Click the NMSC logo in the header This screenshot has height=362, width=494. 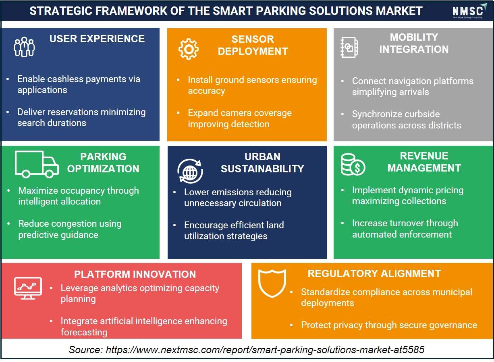click(x=469, y=10)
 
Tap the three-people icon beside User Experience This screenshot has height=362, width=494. click(x=24, y=47)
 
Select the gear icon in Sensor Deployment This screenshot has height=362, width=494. click(x=188, y=49)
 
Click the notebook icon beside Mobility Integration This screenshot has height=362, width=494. click(x=349, y=48)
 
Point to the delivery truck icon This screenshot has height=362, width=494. click(x=37, y=164)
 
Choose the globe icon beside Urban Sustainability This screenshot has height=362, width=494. click(x=190, y=171)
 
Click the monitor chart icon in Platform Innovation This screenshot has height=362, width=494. click(x=28, y=288)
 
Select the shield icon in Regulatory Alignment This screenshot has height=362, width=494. click(x=272, y=283)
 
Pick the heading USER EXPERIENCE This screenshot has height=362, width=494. click(x=97, y=39)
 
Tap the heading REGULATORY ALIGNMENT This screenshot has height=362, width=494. click(x=374, y=274)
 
